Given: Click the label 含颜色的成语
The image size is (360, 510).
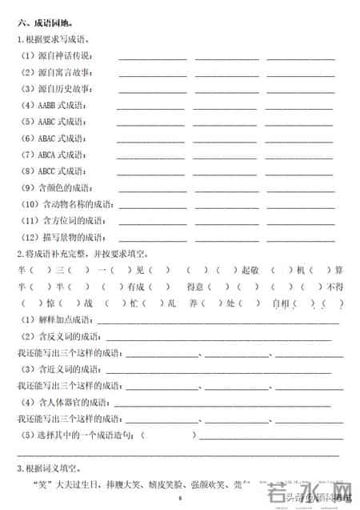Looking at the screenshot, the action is [64, 187].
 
